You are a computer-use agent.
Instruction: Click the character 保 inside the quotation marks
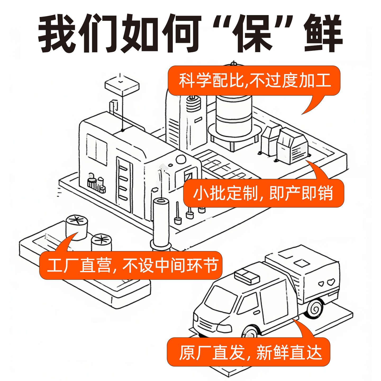pyautogui.click(x=253, y=33)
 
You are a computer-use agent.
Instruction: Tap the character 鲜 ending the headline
pyautogui.click(x=323, y=33)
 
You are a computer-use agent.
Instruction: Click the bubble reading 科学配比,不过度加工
pyautogui.click(x=254, y=80)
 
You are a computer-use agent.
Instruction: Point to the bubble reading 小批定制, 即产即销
pyautogui.click(x=264, y=193)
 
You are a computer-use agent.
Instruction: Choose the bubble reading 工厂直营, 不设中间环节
pyautogui.click(x=131, y=265)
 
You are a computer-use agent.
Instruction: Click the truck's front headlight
pyautogui.click(x=224, y=329)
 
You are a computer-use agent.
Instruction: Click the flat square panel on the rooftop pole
pyautogui.click(x=122, y=85)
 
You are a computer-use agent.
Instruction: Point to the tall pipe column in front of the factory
pyautogui.click(x=161, y=222)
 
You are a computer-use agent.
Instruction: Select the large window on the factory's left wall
pyautogui.click(x=97, y=149)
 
